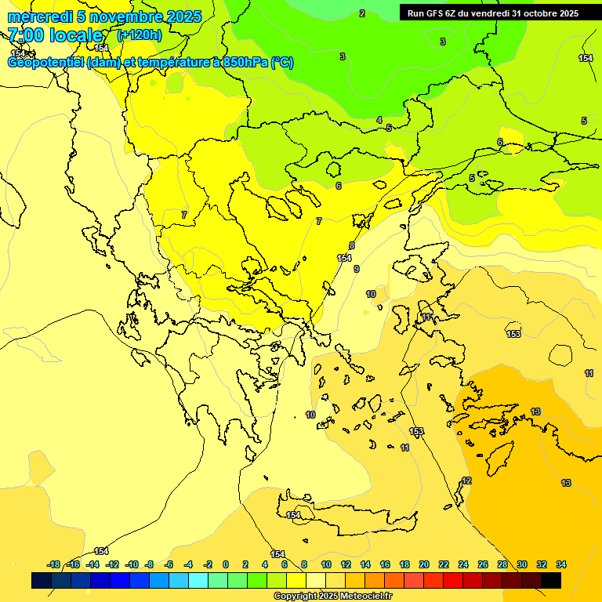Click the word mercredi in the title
point(37,16)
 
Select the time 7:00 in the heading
point(27,35)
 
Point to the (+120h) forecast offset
point(139,34)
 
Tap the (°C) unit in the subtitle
point(282,63)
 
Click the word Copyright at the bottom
point(296,597)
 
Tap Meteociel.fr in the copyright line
point(364,597)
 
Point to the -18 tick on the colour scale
point(54,564)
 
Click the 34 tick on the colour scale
point(561,564)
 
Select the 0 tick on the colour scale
point(226,564)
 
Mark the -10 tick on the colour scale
point(132,564)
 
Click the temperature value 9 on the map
point(357,269)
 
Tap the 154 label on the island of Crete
point(293,515)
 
